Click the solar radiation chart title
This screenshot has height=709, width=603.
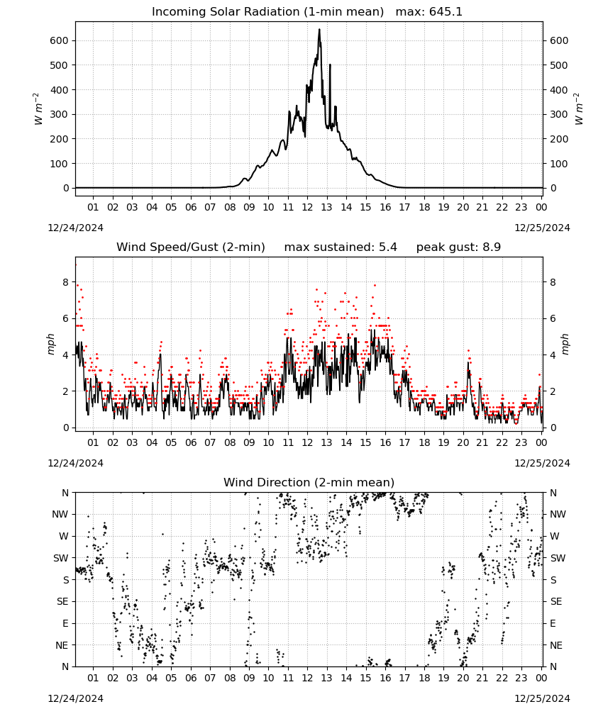pyautogui.click(x=306, y=11)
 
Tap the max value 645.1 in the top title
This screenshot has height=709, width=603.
pyautogui.click(x=446, y=11)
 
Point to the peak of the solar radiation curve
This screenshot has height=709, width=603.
pyautogui.click(x=319, y=29)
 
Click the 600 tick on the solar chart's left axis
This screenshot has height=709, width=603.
pyautogui.click(x=60, y=40)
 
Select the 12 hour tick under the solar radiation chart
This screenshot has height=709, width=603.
pyautogui.click(x=307, y=207)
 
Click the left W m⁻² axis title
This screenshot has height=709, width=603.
pyautogui.click(x=38, y=109)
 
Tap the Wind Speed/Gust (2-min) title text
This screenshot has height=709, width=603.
pyautogui.click(x=191, y=247)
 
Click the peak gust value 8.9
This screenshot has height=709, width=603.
pyautogui.click(x=492, y=247)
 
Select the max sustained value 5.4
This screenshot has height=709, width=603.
pyautogui.click(x=388, y=247)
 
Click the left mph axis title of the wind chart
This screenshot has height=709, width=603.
pyautogui.click(x=50, y=344)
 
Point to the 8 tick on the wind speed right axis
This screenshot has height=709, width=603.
pyautogui.click(x=553, y=282)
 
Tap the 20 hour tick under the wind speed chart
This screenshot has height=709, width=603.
pyautogui.click(x=463, y=442)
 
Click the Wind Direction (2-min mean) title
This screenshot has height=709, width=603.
pyautogui.click(x=309, y=482)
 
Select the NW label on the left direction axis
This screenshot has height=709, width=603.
pyautogui.click(x=60, y=515)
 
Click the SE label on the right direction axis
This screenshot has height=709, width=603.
pyautogui.click(x=556, y=602)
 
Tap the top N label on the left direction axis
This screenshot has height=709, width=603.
pyautogui.click(x=65, y=493)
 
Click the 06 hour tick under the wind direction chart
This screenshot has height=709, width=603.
pyautogui.click(x=191, y=679)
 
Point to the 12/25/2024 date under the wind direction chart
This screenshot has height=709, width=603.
pyautogui.click(x=543, y=698)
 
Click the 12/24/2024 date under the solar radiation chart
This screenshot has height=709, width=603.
pyautogui.click(x=75, y=228)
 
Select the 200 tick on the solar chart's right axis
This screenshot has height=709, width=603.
pyautogui.click(x=559, y=139)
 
